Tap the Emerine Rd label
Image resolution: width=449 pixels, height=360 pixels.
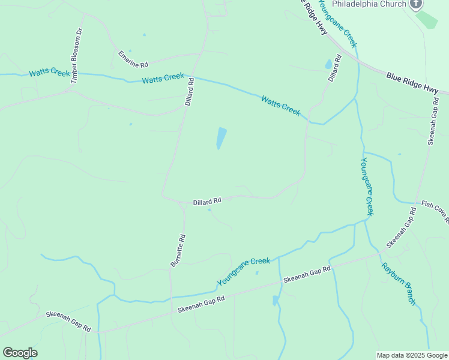(x=133, y=59)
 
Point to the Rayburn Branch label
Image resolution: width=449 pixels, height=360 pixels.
(x=399, y=284)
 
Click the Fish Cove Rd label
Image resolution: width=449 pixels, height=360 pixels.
(x=435, y=212)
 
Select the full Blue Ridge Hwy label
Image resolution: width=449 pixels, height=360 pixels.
(x=413, y=82)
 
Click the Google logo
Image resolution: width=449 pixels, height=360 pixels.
(x=20, y=352)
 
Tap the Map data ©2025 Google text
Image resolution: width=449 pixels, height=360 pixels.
(x=412, y=355)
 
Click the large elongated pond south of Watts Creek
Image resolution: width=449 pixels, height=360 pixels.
(x=221, y=138)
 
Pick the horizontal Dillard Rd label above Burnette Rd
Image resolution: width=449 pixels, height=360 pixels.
(x=207, y=202)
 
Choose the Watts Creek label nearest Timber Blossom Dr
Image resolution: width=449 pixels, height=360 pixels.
(x=50, y=73)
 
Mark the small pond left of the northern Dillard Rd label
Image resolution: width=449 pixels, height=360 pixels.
(x=328, y=64)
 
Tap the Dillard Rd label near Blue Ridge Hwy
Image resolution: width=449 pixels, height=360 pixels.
(x=334, y=68)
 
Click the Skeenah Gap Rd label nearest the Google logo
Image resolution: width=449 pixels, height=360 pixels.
(x=68, y=322)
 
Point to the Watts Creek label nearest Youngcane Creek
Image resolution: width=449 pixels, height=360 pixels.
(x=280, y=106)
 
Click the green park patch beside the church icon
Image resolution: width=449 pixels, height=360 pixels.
(x=427, y=19)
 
